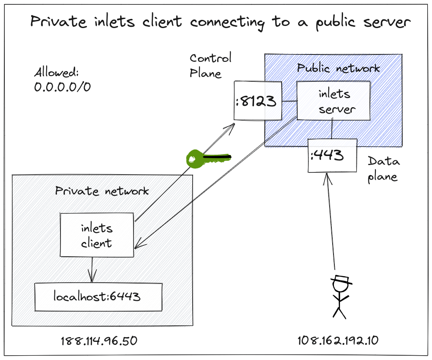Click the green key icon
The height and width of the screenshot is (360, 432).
[x=203, y=158]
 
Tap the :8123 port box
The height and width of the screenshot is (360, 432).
[x=258, y=101]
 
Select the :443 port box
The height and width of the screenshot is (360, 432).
[x=332, y=155]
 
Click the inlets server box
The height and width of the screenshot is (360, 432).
[x=333, y=101]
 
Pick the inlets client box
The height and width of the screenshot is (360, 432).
[x=97, y=235]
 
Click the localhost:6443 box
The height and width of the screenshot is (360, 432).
[x=98, y=297]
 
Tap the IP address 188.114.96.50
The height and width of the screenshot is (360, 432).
[x=99, y=341]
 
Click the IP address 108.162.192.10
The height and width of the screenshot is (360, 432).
[x=338, y=341]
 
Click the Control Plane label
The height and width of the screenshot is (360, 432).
[x=210, y=65]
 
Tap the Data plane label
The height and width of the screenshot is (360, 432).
[x=383, y=169]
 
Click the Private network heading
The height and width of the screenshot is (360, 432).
[x=102, y=191]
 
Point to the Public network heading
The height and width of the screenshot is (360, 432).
[x=338, y=68]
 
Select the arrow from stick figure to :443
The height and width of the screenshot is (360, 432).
[x=331, y=220]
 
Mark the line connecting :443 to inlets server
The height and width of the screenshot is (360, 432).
[x=332, y=130]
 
